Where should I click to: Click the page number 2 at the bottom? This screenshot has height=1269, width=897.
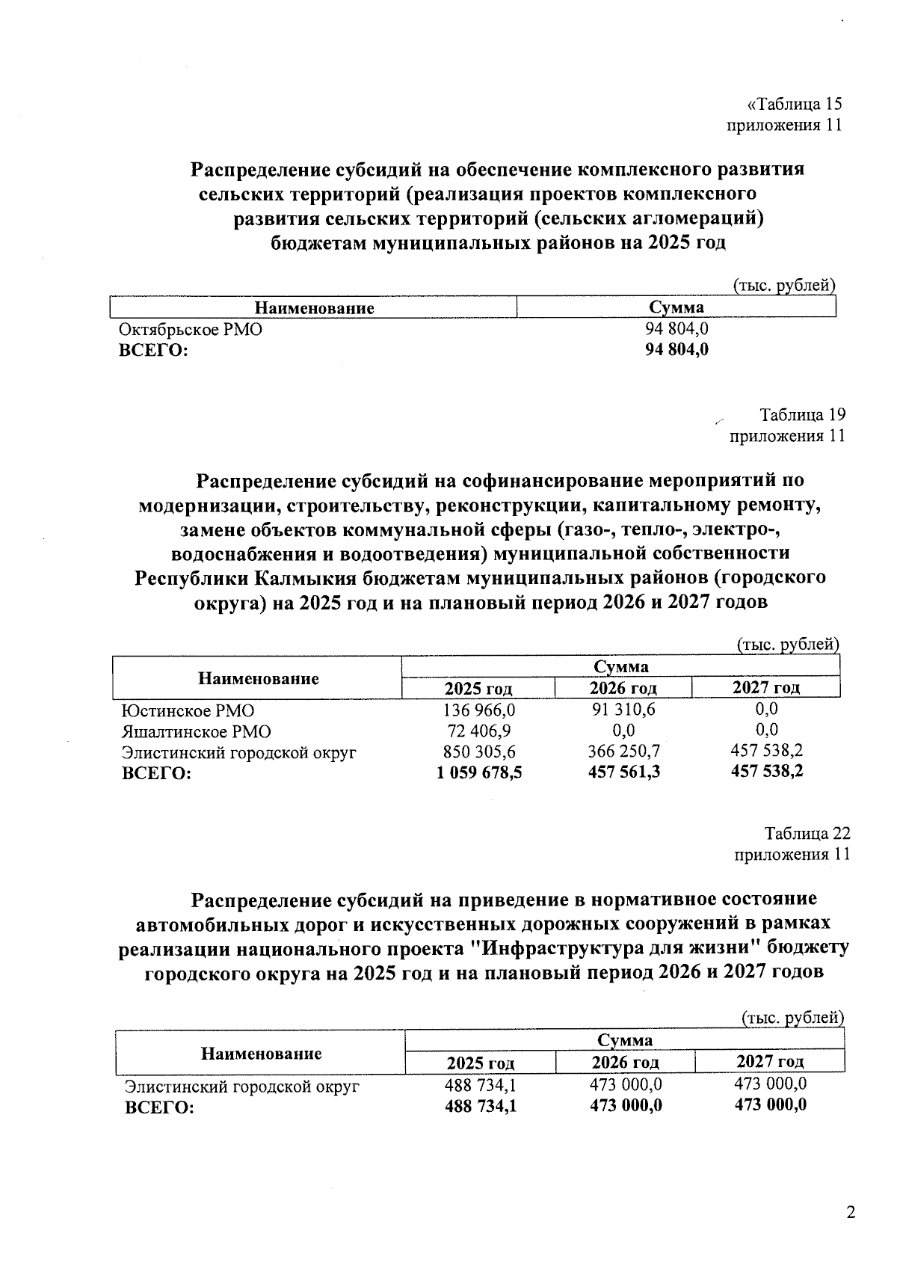pyautogui.click(x=850, y=1213)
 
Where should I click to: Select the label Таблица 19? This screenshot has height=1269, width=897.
pyautogui.click(x=802, y=415)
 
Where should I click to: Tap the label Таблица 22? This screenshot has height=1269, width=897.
pyautogui.click(x=807, y=833)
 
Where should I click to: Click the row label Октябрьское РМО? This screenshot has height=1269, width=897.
pyautogui.click(x=191, y=330)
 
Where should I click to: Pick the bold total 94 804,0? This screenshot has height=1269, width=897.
pyautogui.click(x=676, y=350)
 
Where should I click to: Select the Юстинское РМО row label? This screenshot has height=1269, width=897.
pyautogui.click(x=187, y=711)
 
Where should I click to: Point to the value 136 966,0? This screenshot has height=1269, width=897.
pyautogui.click(x=479, y=710)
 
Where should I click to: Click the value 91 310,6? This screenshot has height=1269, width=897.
pyautogui.click(x=623, y=709)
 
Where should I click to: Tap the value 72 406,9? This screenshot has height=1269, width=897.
pyautogui.click(x=479, y=731)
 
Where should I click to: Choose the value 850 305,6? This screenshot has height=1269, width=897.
pyautogui.click(x=479, y=752)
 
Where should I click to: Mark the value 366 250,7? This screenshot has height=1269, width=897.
pyautogui.click(x=623, y=751)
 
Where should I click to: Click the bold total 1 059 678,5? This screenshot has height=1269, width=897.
pyautogui.click(x=479, y=772)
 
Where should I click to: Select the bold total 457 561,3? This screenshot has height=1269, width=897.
pyautogui.click(x=623, y=772)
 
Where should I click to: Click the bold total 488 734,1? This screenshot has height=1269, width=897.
pyautogui.click(x=481, y=1107)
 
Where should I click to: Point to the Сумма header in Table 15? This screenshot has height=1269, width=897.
pyautogui.click(x=676, y=307)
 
